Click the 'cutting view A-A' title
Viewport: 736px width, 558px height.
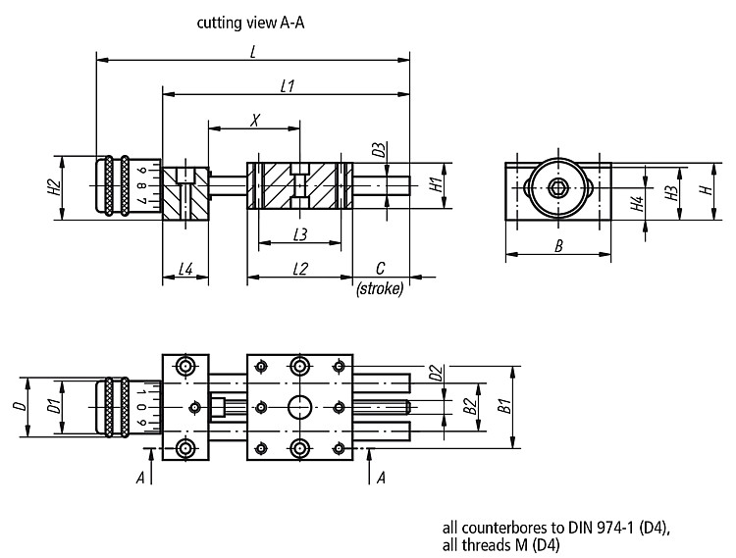[250, 23]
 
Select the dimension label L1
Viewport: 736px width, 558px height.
[288, 86]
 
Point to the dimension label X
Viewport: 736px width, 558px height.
[255, 121]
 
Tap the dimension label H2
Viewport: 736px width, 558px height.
[55, 188]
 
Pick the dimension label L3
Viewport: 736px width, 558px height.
[300, 234]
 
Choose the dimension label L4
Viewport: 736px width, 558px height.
[185, 269]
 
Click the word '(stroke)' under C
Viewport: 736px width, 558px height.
[380, 288]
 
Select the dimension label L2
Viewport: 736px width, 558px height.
[300, 269]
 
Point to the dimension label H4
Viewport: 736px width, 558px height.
[638, 204]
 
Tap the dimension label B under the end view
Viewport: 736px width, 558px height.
[558, 246]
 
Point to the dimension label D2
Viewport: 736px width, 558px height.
[437, 373]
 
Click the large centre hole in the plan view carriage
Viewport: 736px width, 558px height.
[299, 407]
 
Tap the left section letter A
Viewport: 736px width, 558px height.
[140, 479]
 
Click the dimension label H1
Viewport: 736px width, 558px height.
[437, 184]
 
